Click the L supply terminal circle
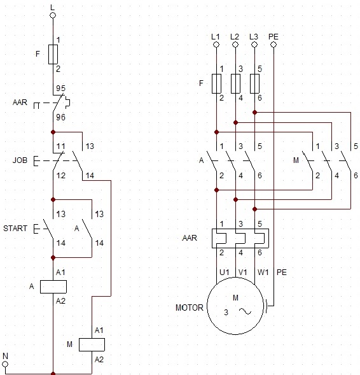click(x=53, y=15)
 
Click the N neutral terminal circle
click(x=5, y=364)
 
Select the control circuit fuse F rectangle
click(x=53, y=54)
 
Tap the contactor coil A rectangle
click(x=53, y=287)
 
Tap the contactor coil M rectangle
click(x=92, y=344)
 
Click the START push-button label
click(x=15, y=229)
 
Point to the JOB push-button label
click(x=20, y=160)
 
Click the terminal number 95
click(x=60, y=88)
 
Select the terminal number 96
click(x=60, y=117)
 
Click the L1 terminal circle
click(x=216, y=45)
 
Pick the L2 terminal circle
click(x=235, y=45)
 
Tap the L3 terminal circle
click(x=254, y=45)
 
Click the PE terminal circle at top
click(x=273, y=45)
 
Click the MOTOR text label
click(x=190, y=308)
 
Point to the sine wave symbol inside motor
click(x=245, y=311)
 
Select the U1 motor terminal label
click(x=225, y=272)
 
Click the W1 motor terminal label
click(x=263, y=272)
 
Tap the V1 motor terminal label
click(x=243, y=272)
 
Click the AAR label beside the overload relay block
click(x=190, y=238)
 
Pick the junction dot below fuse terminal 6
click(x=254, y=112)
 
